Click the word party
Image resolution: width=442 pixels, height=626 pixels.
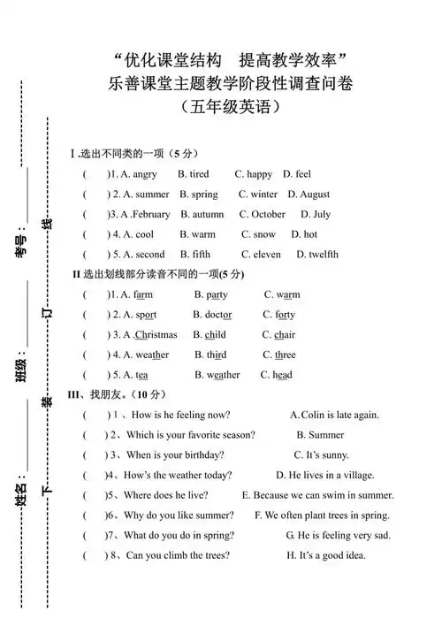(x=217, y=294)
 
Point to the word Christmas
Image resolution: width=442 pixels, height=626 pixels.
(x=156, y=335)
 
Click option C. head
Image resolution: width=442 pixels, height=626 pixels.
(x=276, y=375)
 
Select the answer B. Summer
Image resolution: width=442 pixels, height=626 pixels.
(x=320, y=435)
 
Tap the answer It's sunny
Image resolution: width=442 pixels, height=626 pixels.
(x=327, y=455)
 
